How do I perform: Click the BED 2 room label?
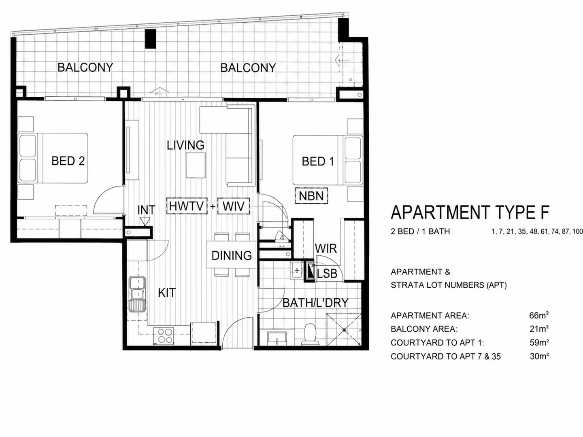point(68,161)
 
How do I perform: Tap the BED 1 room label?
point(318,161)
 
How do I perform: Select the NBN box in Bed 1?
point(311,196)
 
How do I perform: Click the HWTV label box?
point(187,206)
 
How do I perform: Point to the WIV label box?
point(234,206)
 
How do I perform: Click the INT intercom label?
point(146,210)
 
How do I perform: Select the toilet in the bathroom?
point(310,334)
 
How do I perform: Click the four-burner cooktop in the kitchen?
point(164,336)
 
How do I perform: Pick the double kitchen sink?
point(137,294)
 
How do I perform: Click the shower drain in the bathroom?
point(344,330)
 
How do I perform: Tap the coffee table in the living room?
point(196,165)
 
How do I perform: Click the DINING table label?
point(232,255)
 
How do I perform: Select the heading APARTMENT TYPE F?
point(470,212)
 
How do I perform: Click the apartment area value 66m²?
point(539,316)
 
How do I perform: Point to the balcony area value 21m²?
point(539,329)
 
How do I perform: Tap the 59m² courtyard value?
point(539,343)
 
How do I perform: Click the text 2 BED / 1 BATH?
point(420,231)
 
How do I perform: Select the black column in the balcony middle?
point(151,39)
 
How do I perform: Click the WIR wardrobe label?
point(326,248)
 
